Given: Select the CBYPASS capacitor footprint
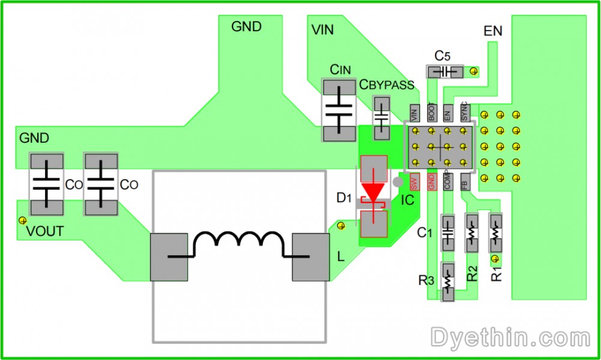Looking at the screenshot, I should point(382,117).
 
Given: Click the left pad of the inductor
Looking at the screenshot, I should point(169,258).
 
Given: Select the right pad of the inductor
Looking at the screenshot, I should point(311,258).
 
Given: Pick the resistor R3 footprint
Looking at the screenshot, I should point(448,281).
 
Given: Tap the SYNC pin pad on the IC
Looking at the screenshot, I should point(465,112).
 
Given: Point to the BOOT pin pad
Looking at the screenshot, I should point(431,112).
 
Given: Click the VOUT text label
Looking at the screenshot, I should point(44,232).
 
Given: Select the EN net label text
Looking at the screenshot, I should point(493,31).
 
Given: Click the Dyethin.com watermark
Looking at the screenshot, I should point(510,337).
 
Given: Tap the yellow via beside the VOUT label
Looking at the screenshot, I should point(23,220).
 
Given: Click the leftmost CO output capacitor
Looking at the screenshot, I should point(46,184).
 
